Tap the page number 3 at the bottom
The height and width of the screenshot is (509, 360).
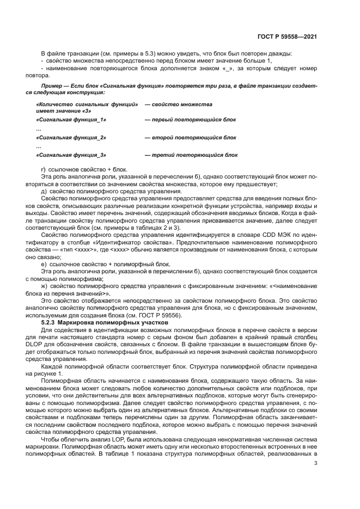tap(315, 463)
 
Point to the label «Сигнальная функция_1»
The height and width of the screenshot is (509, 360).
tap(71, 119)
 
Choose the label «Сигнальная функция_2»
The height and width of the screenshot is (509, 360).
tap(71, 138)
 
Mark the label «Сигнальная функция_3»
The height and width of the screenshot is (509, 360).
tap(71, 155)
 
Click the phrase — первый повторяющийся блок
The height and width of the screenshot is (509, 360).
tap(190, 119)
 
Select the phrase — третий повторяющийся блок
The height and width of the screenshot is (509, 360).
tap(191, 155)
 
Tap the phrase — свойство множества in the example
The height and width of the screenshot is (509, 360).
tap(178, 104)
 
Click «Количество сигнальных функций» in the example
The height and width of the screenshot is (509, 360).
tap(86, 104)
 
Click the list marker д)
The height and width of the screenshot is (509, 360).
tap(45, 191)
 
